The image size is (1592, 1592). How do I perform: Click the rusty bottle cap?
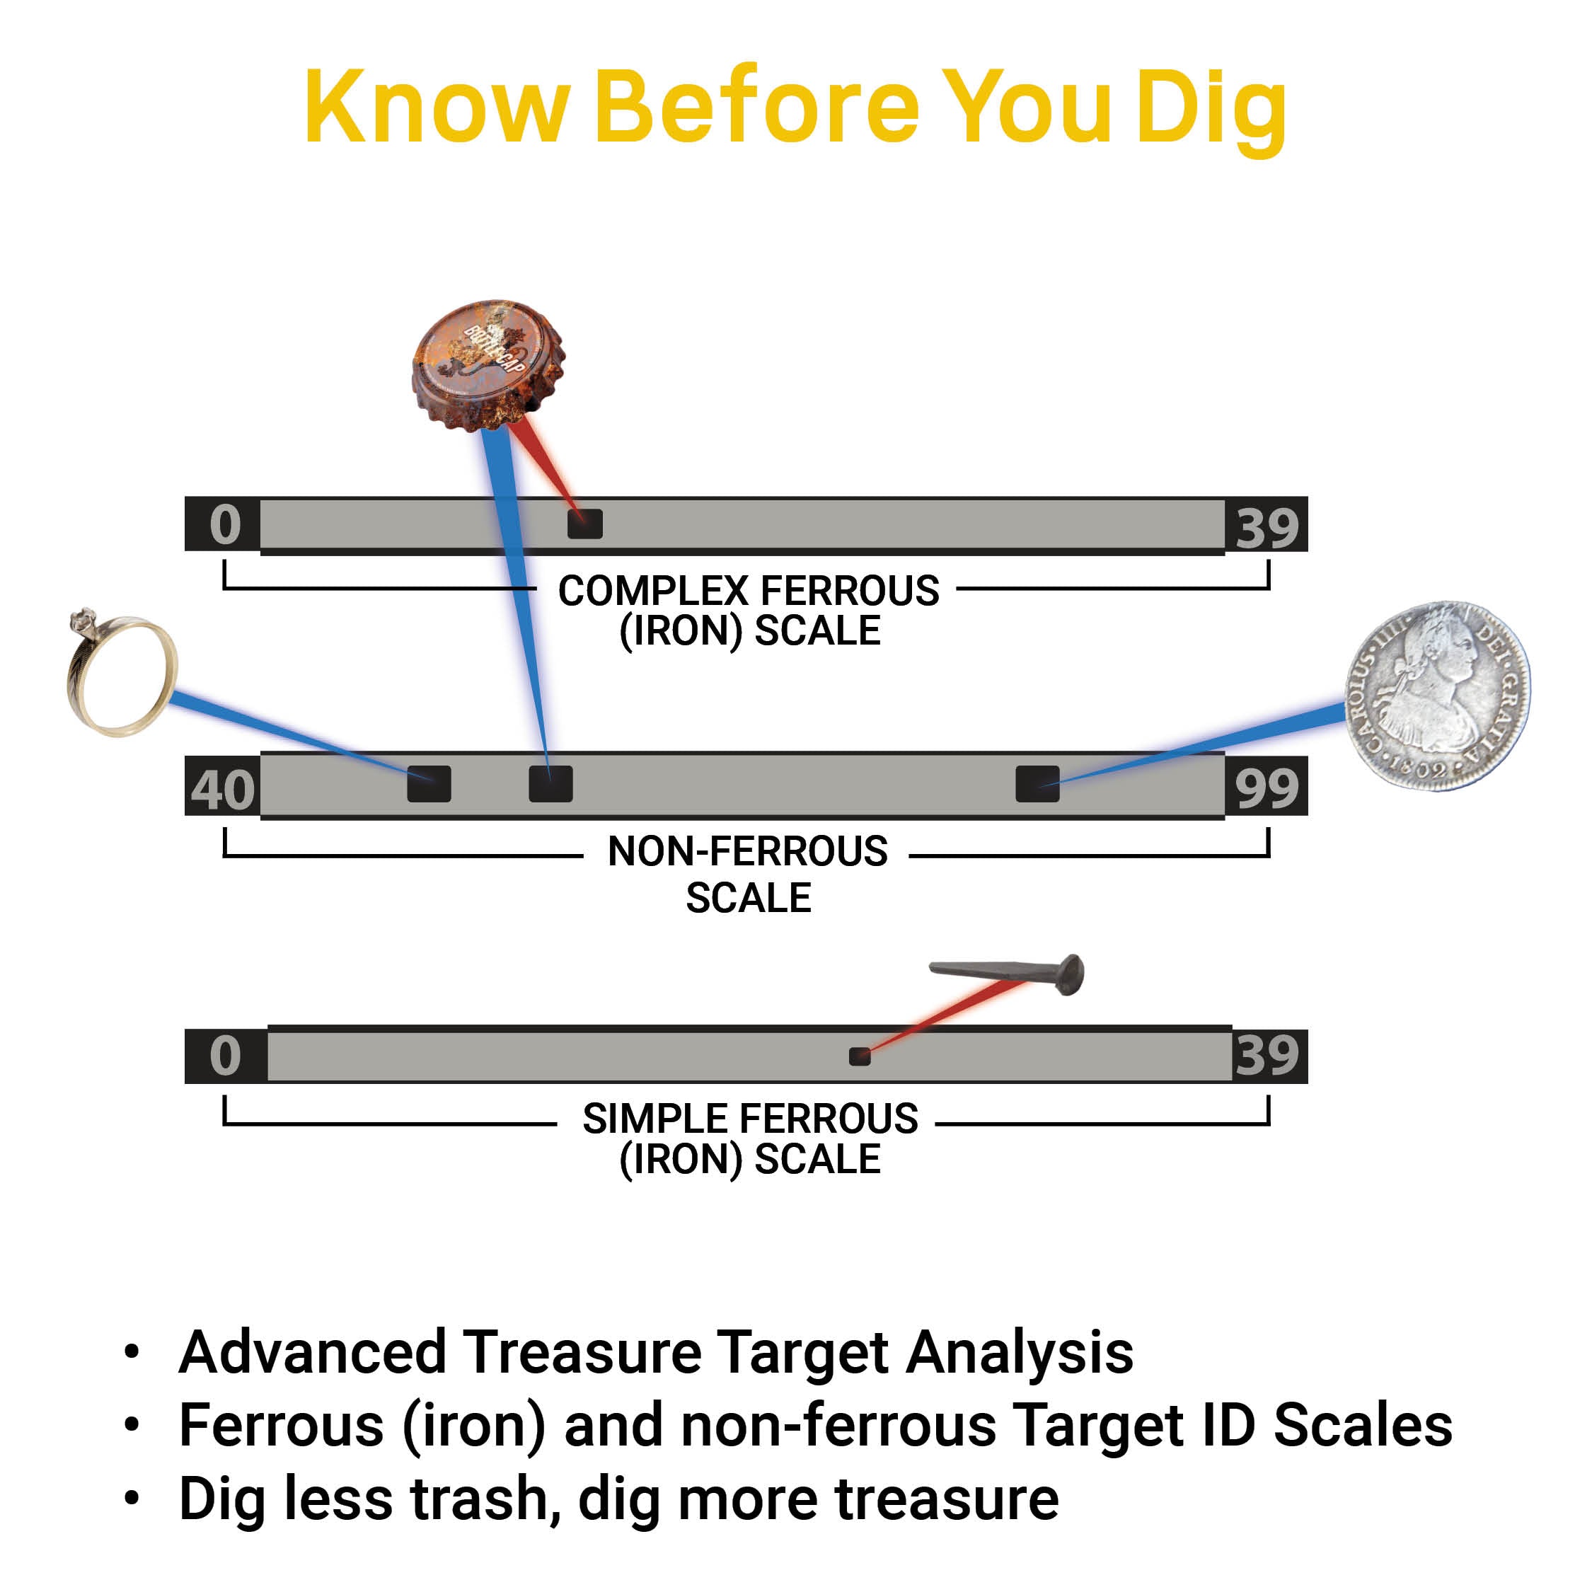[489, 364]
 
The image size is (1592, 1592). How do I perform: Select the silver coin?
[1438, 696]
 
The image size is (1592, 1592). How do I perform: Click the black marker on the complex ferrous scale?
[585, 524]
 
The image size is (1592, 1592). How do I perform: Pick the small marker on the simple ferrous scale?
[860, 1056]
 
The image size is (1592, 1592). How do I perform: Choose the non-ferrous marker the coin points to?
[1037, 784]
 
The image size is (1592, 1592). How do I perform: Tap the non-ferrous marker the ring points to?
[429, 784]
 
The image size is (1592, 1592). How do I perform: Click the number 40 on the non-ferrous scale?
[222, 790]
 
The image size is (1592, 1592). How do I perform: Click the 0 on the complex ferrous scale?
[225, 524]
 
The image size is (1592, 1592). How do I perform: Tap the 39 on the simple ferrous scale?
[1267, 1055]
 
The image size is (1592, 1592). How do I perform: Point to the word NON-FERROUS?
[747, 851]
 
